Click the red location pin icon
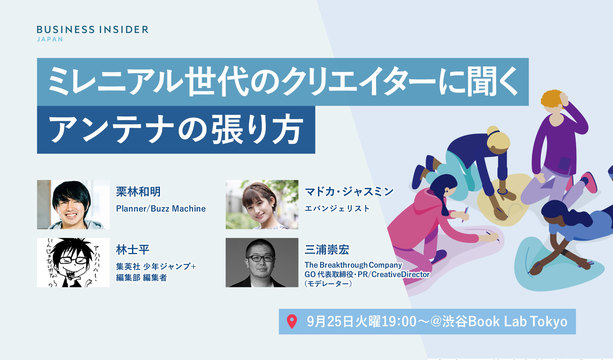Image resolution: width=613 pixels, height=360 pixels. (292, 322)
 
